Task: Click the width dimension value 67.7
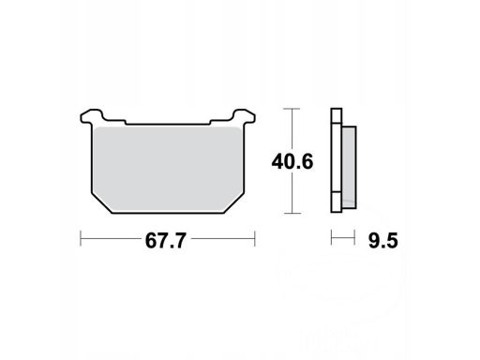166,241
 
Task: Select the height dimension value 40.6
292,162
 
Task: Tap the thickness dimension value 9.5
383,241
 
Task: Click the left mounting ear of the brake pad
91,115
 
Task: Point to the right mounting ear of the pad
244,115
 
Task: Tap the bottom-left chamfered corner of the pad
101,203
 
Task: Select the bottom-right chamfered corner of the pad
234,203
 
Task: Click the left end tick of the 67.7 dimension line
81,239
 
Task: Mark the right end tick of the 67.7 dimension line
255,239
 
